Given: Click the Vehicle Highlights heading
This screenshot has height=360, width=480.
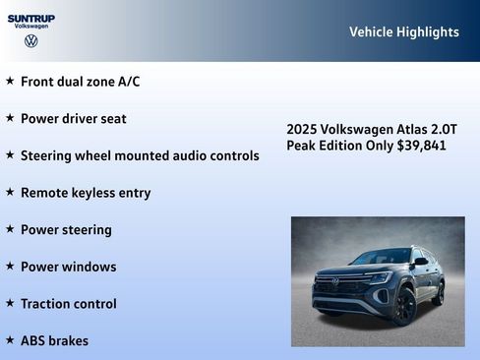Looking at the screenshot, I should point(403,32).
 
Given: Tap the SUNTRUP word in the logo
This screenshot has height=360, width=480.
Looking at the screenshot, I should point(31,18).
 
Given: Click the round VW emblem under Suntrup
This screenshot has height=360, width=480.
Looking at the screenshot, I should point(31,41).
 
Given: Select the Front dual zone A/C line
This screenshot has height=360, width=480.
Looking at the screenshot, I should point(80,82).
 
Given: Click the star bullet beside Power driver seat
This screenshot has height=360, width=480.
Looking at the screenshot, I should point(10,118).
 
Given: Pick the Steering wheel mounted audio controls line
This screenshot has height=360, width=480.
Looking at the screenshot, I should point(140,155).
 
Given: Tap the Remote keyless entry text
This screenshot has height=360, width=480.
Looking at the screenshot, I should point(86,193).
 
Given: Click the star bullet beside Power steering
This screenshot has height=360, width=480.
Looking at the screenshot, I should point(10,229).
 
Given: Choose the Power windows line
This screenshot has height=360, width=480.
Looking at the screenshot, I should point(68,267).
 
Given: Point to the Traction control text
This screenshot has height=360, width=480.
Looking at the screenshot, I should point(68,304).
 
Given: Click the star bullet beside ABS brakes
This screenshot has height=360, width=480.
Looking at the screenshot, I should point(10,340).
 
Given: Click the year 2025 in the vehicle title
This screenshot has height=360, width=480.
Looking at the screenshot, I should point(302,130).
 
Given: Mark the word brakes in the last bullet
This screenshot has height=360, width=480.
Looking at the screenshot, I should point(68,341).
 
